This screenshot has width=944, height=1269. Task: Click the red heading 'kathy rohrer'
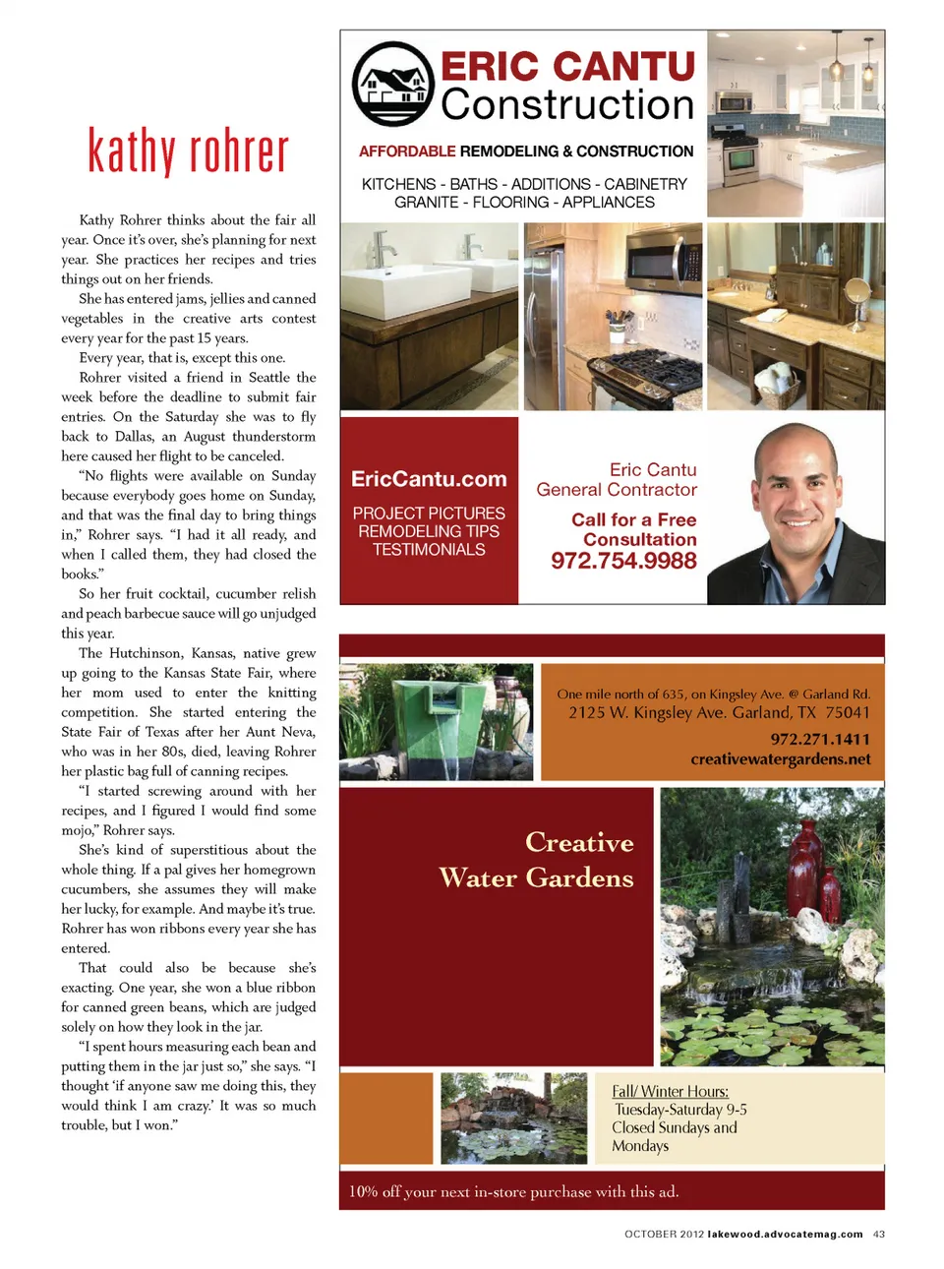(189, 151)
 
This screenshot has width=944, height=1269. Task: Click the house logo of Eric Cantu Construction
(393, 85)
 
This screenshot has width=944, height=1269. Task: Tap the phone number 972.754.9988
(623, 561)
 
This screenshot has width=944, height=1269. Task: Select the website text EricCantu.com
(429, 479)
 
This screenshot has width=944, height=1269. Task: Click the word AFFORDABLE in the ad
(407, 151)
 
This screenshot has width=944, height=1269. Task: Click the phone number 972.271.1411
(820, 739)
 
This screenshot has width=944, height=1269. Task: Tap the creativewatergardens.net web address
(781, 759)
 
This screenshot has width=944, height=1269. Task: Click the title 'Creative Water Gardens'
(537, 860)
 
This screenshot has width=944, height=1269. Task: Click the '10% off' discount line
(513, 1191)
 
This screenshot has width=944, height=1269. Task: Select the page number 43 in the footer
(879, 1234)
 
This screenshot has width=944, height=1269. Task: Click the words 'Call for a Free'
(633, 519)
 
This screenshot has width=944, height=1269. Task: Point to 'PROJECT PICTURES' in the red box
(429, 514)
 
